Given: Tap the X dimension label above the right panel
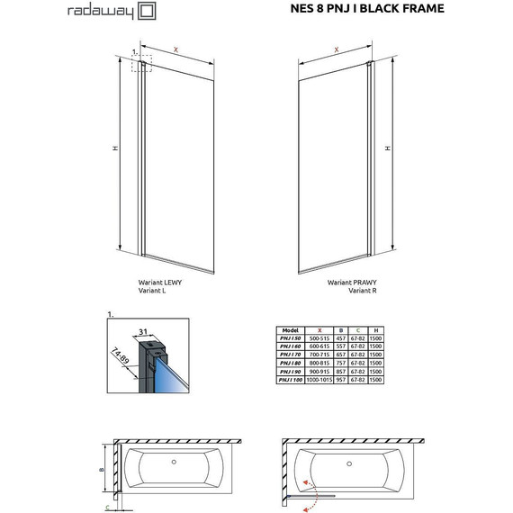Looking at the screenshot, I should (336, 50).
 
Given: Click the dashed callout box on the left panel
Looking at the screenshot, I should (142, 63).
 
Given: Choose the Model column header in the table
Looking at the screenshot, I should (290, 330).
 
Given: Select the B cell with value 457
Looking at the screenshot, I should (341, 339).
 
